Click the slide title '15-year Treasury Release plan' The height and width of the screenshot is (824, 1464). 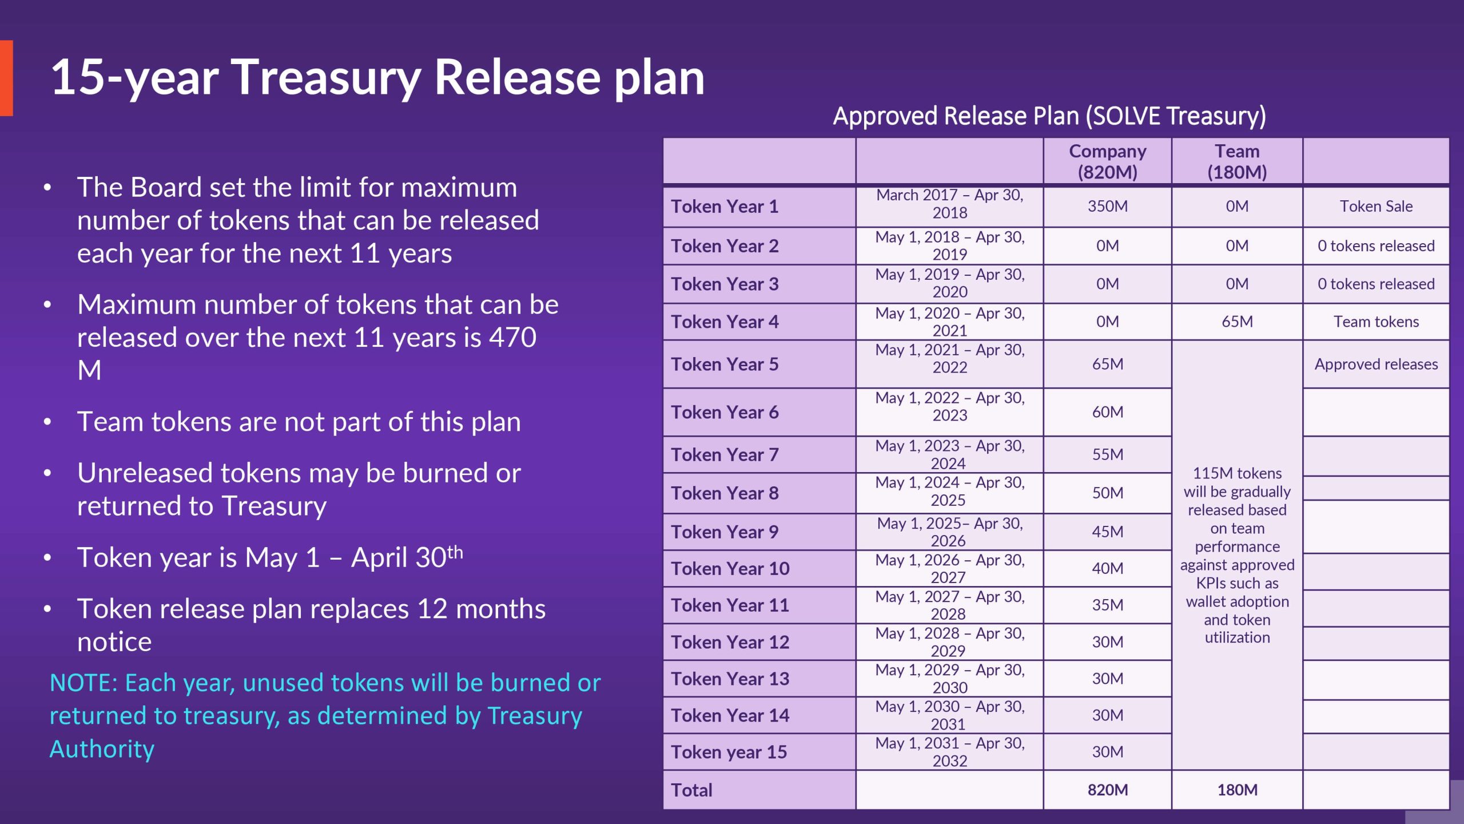(377, 77)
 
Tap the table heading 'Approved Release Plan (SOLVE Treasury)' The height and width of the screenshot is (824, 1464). (1049, 116)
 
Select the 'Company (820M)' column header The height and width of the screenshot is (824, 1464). (1108, 161)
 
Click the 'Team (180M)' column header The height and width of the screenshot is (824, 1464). (1237, 161)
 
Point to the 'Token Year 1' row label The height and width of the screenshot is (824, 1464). (725, 207)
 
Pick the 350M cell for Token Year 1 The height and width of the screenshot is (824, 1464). (1108, 206)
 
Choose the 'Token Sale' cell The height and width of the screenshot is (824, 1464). (1376, 206)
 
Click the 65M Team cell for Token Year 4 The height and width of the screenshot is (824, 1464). (1237, 322)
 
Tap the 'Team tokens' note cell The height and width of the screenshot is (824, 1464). (1376, 322)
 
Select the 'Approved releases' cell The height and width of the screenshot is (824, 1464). (1376, 364)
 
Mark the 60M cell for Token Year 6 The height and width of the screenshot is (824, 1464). (1108, 412)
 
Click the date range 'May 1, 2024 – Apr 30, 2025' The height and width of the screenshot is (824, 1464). (950, 492)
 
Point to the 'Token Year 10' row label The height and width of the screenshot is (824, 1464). (730, 569)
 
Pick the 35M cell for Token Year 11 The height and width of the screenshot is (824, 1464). (1108, 605)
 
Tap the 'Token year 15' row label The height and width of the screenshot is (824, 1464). (729, 752)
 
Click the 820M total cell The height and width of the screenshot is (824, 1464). (1108, 790)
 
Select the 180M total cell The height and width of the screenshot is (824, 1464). (1237, 790)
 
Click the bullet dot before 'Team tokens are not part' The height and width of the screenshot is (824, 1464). (47, 422)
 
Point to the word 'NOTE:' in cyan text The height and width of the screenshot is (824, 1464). (83, 683)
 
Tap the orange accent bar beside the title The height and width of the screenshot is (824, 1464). (6, 78)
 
